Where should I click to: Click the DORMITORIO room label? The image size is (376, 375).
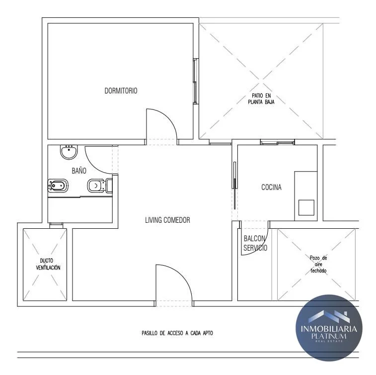[121, 91]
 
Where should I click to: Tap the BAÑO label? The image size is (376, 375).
[79, 171]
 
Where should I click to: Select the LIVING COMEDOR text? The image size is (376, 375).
[167, 220]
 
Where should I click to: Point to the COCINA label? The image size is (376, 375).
[271, 187]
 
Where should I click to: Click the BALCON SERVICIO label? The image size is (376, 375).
[255, 243]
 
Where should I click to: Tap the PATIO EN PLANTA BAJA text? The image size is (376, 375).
[261, 98]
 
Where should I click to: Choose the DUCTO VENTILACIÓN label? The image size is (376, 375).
[48, 264]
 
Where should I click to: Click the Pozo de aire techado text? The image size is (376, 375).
[318, 264]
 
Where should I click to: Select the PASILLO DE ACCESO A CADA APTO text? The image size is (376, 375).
[177, 333]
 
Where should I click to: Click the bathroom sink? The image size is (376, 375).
[69, 152]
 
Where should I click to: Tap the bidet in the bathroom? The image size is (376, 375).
[58, 186]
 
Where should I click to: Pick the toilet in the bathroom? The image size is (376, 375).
[100, 186]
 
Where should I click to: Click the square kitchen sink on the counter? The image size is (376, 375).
[306, 207]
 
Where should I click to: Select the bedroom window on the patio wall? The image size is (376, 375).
[196, 81]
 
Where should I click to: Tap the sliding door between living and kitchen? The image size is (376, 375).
[234, 185]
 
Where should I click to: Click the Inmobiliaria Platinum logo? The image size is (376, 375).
[329, 328]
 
